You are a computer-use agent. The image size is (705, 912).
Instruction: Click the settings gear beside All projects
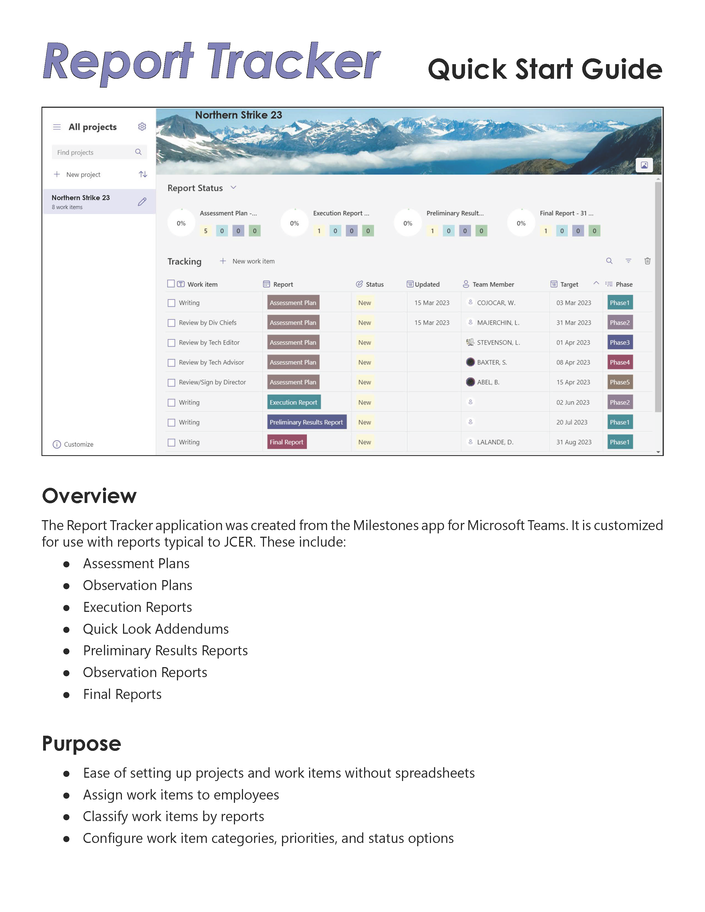click(x=142, y=127)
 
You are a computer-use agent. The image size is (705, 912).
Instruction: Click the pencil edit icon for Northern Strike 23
click(x=142, y=202)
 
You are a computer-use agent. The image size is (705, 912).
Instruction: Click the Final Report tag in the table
click(x=286, y=442)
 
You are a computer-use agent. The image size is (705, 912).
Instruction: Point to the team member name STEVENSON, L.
click(x=498, y=342)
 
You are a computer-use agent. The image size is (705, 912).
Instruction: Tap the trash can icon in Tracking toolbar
click(x=647, y=261)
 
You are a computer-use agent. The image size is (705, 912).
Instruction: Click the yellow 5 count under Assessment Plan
click(x=205, y=231)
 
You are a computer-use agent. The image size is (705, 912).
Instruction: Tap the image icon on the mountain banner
click(x=644, y=165)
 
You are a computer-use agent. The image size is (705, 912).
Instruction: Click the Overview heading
click(x=89, y=496)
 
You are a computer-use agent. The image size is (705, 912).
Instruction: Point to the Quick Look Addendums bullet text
click(x=156, y=629)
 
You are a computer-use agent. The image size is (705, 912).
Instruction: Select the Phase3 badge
click(x=620, y=342)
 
